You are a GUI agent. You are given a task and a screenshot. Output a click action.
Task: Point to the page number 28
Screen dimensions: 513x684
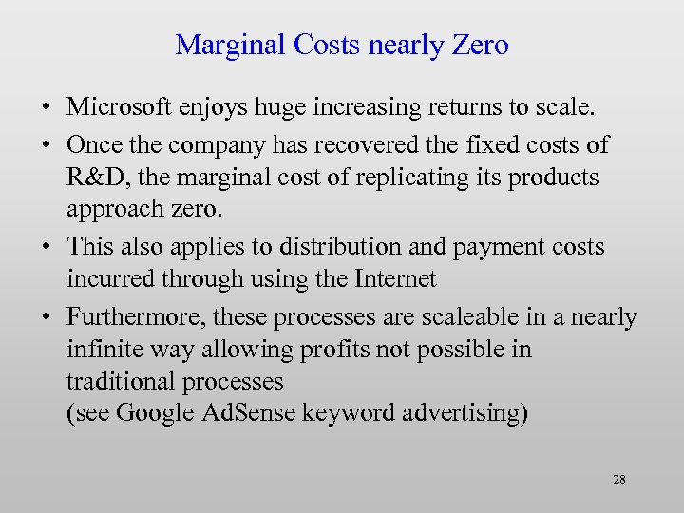pyautogui.click(x=618, y=480)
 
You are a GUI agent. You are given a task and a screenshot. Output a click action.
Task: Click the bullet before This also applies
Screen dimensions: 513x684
pyautogui.click(x=46, y=247)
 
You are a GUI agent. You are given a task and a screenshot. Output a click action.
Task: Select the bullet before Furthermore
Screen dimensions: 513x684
pyautogui.click(x=46, y=317)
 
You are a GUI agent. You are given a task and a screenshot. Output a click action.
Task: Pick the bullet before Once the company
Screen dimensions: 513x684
pyautogui.click(x=46, y=145)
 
